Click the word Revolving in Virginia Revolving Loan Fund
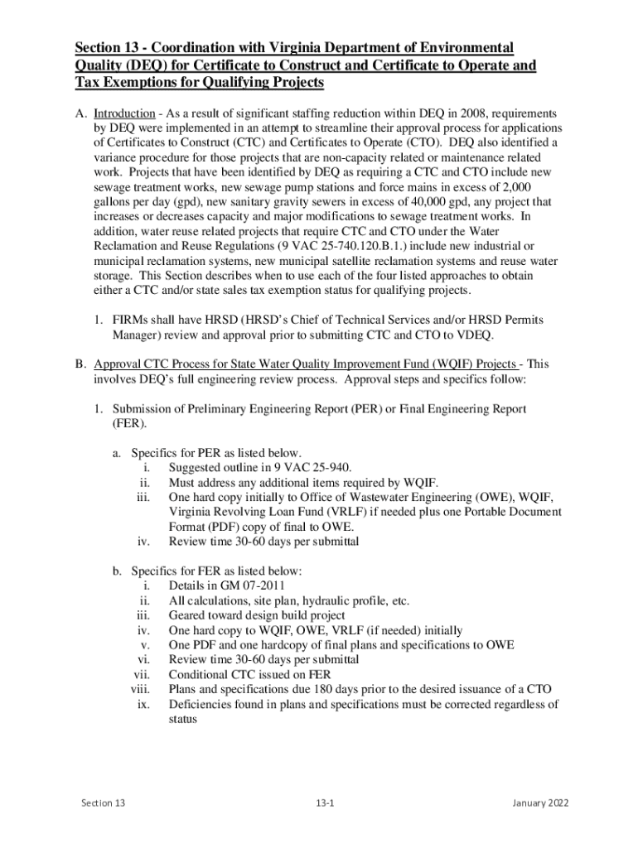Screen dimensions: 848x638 click(242, 513)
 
